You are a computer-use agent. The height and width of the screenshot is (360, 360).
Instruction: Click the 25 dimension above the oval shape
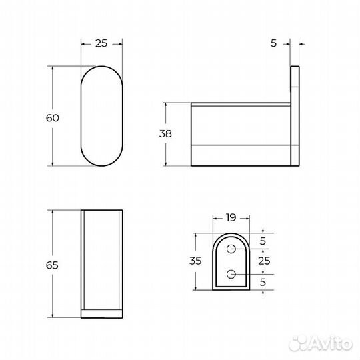101,43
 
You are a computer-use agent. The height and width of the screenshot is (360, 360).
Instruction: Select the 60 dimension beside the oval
53,118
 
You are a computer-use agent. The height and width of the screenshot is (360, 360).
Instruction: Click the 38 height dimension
165,134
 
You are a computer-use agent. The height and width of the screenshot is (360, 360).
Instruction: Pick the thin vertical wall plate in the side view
295,117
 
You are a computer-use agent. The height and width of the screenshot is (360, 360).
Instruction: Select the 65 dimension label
53,265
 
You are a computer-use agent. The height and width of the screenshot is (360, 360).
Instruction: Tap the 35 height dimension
196,262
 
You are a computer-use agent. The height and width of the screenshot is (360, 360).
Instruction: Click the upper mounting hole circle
231,249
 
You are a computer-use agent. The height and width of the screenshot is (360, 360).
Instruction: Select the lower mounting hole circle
231,273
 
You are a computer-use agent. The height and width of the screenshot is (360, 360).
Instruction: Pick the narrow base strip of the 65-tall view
101,313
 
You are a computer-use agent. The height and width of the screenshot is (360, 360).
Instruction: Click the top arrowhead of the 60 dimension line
53,67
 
